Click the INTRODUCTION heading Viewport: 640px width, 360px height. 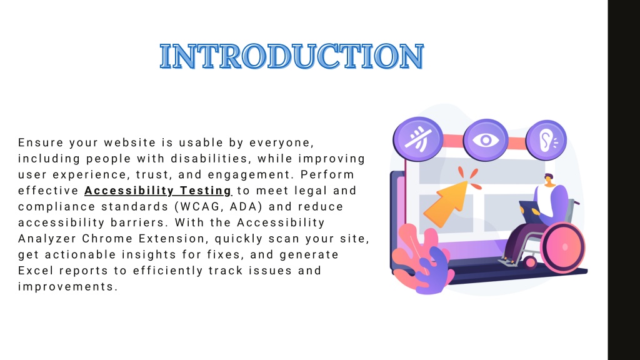292,56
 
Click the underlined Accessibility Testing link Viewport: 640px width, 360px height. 158,191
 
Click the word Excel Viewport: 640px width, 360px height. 36,270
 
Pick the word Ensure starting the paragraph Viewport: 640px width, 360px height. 41,142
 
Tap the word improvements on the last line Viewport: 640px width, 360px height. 67,286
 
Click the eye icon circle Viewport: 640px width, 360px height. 486,140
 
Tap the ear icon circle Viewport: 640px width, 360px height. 546,140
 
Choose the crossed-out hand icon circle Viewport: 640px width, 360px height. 418,139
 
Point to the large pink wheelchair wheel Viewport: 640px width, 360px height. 563,247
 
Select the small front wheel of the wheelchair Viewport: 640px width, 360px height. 530,262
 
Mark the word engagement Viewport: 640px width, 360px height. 251,175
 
